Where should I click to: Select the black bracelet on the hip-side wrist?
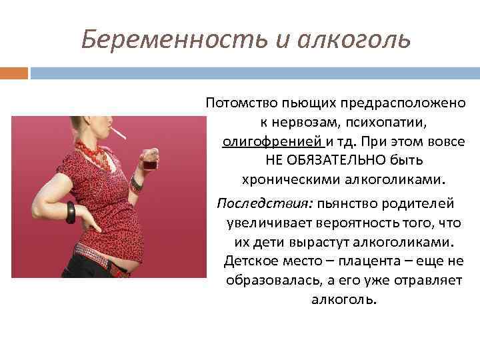point(71,211)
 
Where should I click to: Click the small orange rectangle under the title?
point(14,72)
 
